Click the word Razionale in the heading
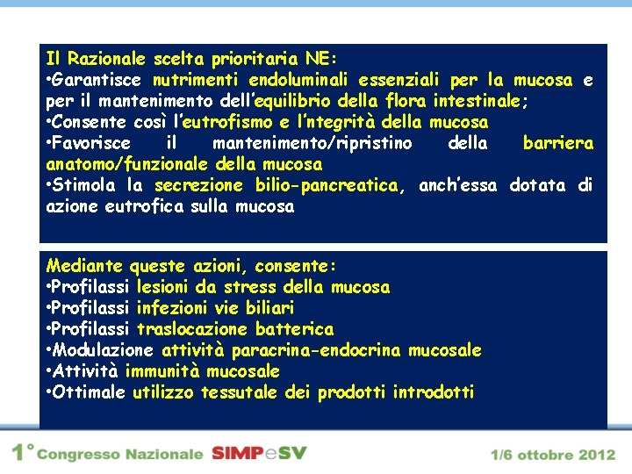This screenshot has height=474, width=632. tap(104, 60)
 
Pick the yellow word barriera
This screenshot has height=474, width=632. tap(557, 143)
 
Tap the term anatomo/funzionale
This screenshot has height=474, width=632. tap(126, 164)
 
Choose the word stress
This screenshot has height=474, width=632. tap(251, 287)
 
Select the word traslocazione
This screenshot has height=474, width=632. tap(192, 329)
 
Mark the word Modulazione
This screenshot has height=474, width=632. tap(104, 350)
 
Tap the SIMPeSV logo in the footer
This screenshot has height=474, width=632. tap(259, 454)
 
